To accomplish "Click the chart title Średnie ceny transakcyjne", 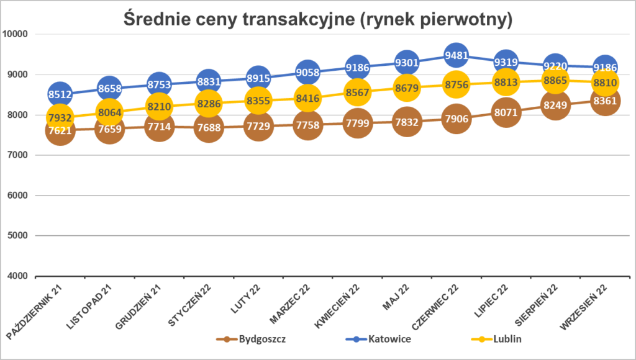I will [x=317, y=20].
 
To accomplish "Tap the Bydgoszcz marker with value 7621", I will [x=60, y=130].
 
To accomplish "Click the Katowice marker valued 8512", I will [x=60, y=95].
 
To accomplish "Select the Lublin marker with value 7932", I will [x=60, y=117].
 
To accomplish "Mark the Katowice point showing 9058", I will [x=307, y=73].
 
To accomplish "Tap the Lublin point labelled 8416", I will [x=307, y=98].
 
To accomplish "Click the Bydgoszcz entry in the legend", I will [x=251, y=339].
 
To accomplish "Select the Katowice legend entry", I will [x=378, y=339].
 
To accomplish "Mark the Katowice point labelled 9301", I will [x=406, y=63].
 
